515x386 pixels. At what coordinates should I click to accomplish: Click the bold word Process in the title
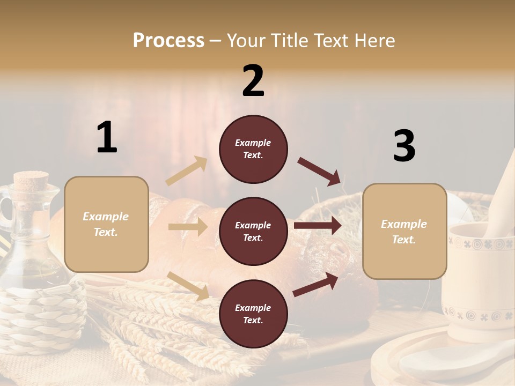point(168,41)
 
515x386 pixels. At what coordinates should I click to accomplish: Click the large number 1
point(107,138)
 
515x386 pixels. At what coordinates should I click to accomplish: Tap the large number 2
point(253,81)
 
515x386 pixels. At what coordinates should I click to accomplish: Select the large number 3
point(404,146)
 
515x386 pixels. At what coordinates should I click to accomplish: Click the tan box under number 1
point(106,224)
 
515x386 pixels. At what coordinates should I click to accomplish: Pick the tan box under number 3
point(404,232)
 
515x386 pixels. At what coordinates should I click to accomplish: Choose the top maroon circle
point(253,149)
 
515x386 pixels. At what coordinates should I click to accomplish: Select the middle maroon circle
point(253,232)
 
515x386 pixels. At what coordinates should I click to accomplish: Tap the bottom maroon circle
point(253,314)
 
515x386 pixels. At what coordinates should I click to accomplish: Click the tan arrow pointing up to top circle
point(187,171)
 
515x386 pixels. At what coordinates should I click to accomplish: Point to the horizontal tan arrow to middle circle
point(188,227)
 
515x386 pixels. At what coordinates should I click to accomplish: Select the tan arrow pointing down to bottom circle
point(188,286)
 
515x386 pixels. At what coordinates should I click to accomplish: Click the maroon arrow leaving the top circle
point(320,172)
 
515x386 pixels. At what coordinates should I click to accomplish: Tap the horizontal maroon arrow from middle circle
point(318,225)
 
